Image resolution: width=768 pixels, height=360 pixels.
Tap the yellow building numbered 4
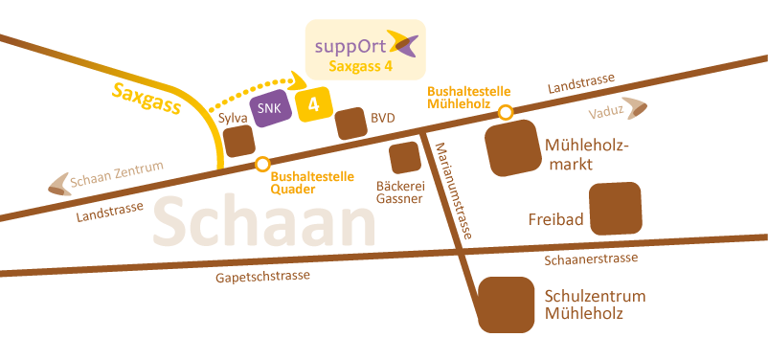[x=313, y=104]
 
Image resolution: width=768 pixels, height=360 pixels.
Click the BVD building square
[x=349, y=123]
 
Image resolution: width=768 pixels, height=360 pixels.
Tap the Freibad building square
[x=615, y=210]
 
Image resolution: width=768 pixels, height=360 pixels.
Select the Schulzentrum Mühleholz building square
[x=505, y=305]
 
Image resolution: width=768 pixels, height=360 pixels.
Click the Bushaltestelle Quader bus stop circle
[x=261, y=164]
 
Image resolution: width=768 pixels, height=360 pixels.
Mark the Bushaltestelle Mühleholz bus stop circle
[x=506, y=112]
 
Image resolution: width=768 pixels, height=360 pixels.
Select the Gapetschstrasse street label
[x=263, y=277]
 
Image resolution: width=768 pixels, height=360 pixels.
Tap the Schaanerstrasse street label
[x=590, y=259]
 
